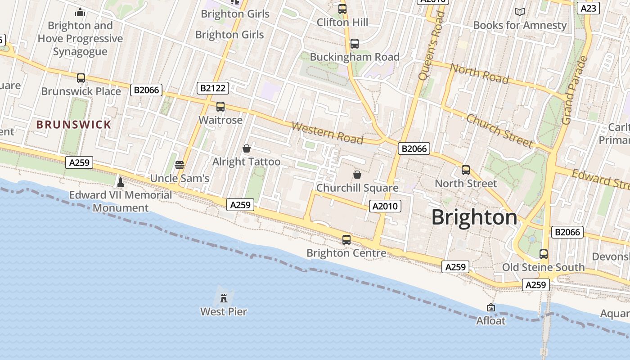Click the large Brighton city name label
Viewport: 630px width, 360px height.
click(x=474, y=217)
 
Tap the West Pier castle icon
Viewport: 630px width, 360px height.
click(x=223, y=297)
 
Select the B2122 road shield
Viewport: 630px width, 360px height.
click(x=212, y=88)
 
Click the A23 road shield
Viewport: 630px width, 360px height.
click(x=589, y=8)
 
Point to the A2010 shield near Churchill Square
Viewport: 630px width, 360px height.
click(x=385, y=206)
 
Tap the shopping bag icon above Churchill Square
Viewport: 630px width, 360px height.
click(x=357, y=174)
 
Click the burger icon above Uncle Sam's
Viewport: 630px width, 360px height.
click(x=180, y=165)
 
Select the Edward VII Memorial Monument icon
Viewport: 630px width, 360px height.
click(x=120, y=182)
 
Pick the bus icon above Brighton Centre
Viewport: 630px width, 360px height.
click(x=346, y=239)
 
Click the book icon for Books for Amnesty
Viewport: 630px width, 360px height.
click(x=520, y=12)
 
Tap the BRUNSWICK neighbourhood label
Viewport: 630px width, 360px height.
click(x=74, y=125)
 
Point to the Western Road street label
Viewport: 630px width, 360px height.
click(x=327, y=133)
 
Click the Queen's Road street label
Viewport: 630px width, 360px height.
click(x=431, y=45)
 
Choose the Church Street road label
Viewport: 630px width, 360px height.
click(x=499, y=130)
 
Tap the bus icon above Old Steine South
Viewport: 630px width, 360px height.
click(x=544, y=254)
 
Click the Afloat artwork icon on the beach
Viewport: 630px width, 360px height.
click(x=491, y=307)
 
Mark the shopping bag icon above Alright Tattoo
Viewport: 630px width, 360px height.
click(x=247, y=148)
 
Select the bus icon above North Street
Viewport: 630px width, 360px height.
click(x=466, y=170)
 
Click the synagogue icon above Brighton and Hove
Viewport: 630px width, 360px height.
click(x=80, y=12)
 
